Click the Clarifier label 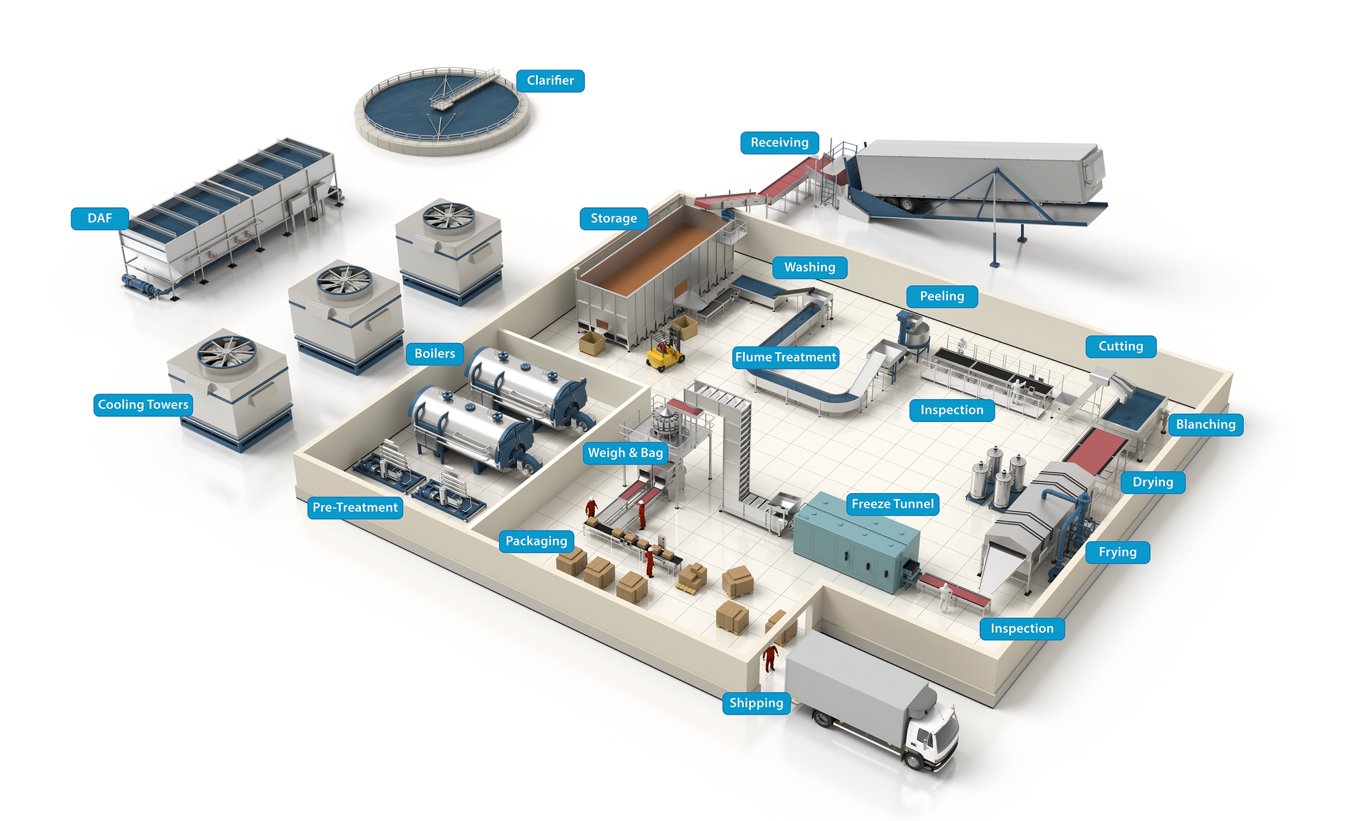coord(550,81)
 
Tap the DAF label coord(100,218)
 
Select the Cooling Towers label coord(143,405)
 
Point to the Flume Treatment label coord(785,357)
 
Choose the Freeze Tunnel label coord(892,504)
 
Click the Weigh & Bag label coord(625,453)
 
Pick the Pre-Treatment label coord(355,508)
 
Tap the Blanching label coord(1205,425)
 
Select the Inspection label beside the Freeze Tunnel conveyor coord(1021,629)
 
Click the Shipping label coord(756,703)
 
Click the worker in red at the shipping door coord(770,657)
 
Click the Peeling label coord(942,297)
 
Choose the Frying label coord(1117,552)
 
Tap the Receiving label coord(779,143)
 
